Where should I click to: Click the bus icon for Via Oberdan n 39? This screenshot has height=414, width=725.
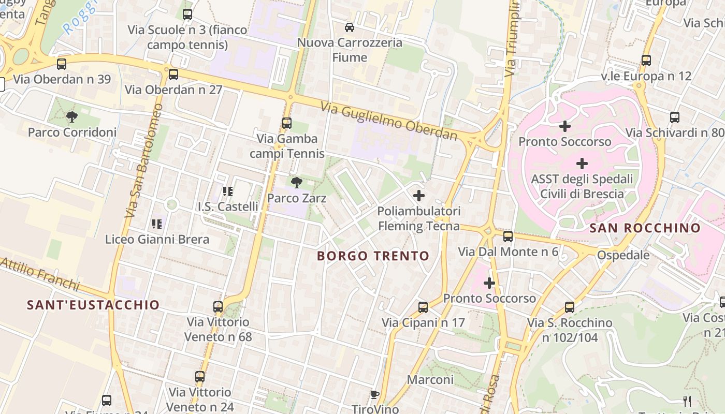click(62, 64)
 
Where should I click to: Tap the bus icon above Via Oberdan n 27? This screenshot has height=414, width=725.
click(173, 75)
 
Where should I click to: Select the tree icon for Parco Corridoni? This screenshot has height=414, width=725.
click(72, 117)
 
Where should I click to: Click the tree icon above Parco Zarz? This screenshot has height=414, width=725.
click(297, 182)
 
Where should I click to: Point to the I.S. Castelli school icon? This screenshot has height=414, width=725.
click(227, 191)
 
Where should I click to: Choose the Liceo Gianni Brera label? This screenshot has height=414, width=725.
click(157, 239)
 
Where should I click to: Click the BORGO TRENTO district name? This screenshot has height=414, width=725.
click(373, 256)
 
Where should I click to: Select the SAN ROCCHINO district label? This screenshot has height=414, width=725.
click(645, 228)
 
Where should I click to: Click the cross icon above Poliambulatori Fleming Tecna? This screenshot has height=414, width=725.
click(419, 196)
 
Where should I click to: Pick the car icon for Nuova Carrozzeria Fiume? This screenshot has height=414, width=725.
click(350, 27)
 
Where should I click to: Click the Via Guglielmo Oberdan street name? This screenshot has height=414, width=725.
click(389, 121)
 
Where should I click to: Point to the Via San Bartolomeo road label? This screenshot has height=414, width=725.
click(143, 160)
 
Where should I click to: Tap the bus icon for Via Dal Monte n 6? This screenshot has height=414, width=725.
click(508, 236)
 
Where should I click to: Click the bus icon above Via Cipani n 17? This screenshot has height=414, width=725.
click(423, 307)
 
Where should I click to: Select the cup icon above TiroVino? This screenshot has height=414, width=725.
click(375, 395)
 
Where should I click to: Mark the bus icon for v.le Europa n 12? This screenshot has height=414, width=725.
click(646, 61)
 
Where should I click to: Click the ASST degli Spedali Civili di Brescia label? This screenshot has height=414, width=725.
click(582, 187)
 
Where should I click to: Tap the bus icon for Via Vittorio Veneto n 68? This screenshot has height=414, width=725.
click(218, 307)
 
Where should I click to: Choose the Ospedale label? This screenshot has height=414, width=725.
click(623, 255)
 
